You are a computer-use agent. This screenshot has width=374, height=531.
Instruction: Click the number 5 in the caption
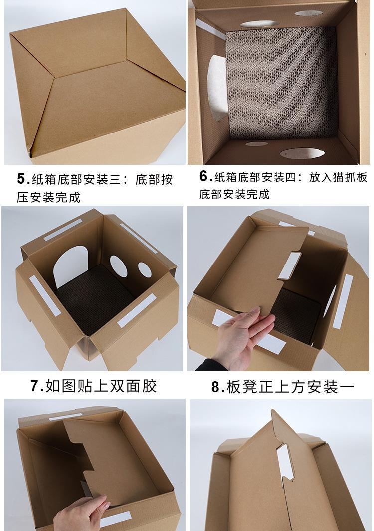(x=22, y=178)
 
